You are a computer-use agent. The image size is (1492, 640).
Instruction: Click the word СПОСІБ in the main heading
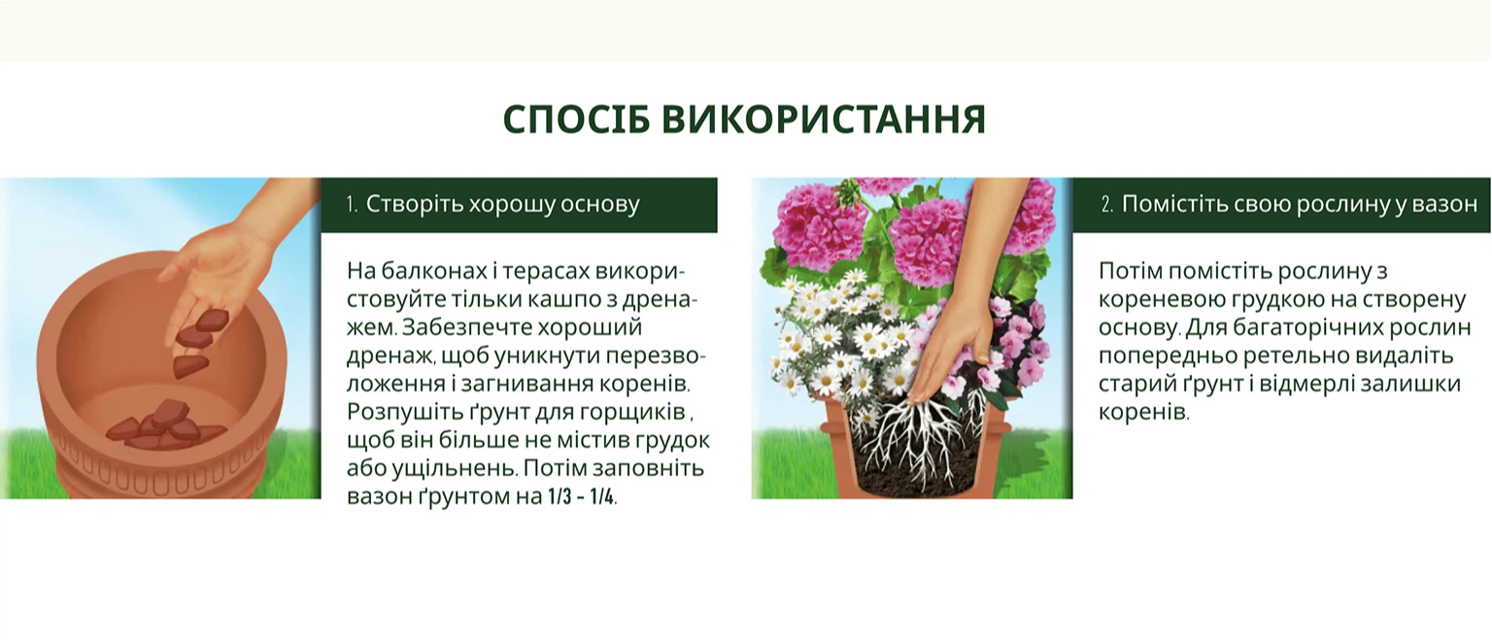575,119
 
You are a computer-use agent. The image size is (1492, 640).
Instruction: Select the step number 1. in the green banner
353,205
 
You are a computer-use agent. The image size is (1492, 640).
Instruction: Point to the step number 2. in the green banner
1107,205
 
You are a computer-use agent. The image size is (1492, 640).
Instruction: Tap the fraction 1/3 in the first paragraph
560,497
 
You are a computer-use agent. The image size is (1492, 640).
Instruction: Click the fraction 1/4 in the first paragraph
601,497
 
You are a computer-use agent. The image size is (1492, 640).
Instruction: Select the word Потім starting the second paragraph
1131,272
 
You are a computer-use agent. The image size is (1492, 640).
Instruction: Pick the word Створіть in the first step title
413,205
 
